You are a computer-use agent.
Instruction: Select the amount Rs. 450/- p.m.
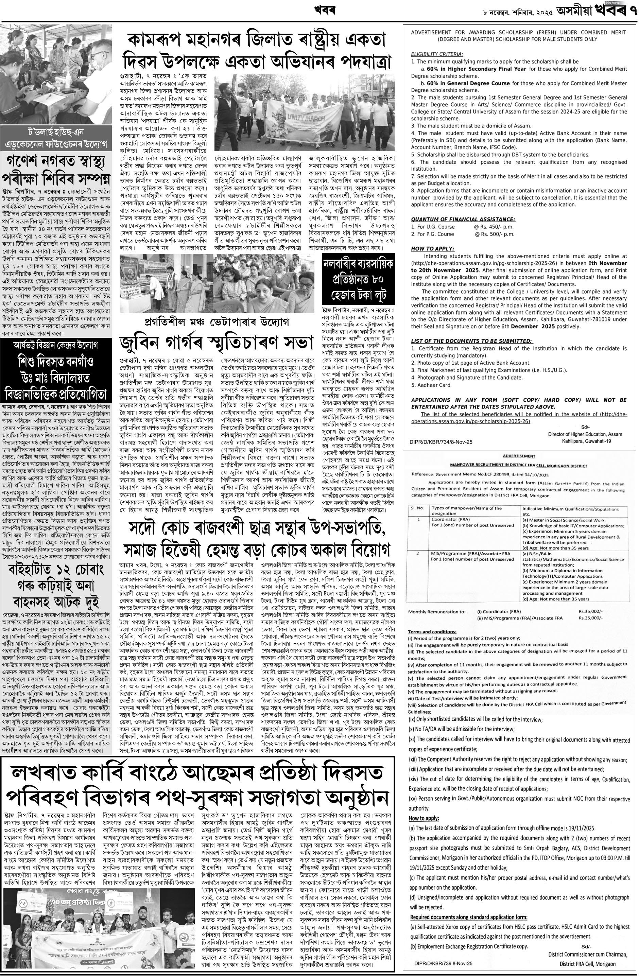[x=494, y=227]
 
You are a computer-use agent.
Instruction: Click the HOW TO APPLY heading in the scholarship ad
[x=432, y=248]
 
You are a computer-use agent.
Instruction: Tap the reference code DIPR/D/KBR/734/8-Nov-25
[x=441, y=442]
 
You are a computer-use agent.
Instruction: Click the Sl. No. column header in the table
[x=418, y=508]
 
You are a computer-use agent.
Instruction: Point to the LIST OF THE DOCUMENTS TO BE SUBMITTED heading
[x=472, y=341]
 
